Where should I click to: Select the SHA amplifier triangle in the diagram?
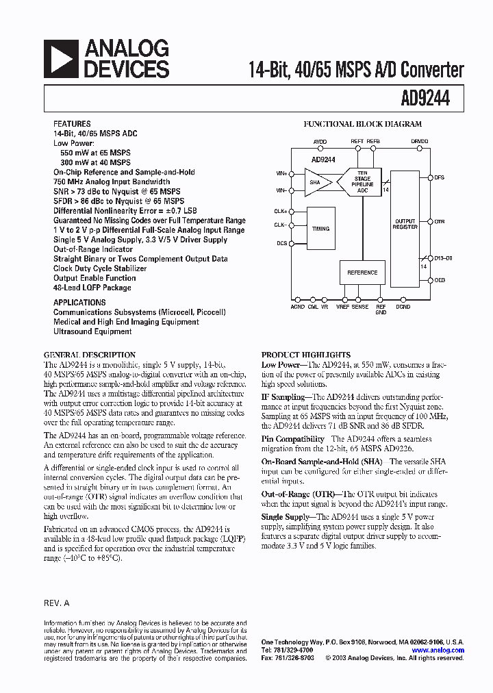[x=318, y=184]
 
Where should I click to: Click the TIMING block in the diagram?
[x=320, y=229]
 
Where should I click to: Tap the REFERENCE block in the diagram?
[x=362, y=273]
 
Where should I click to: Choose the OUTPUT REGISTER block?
[x=405, y=224]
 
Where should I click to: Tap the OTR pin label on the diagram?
[x=440, y=222]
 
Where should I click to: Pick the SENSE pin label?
[x=360, y=307]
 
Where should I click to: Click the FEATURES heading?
[x=71, y=125]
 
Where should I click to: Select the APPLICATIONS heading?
[x=79, y=302]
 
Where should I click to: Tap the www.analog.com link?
[x=438, y=651]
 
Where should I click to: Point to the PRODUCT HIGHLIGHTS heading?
[x=296, y=355]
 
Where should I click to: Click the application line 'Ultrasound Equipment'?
[x=92, y=331]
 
